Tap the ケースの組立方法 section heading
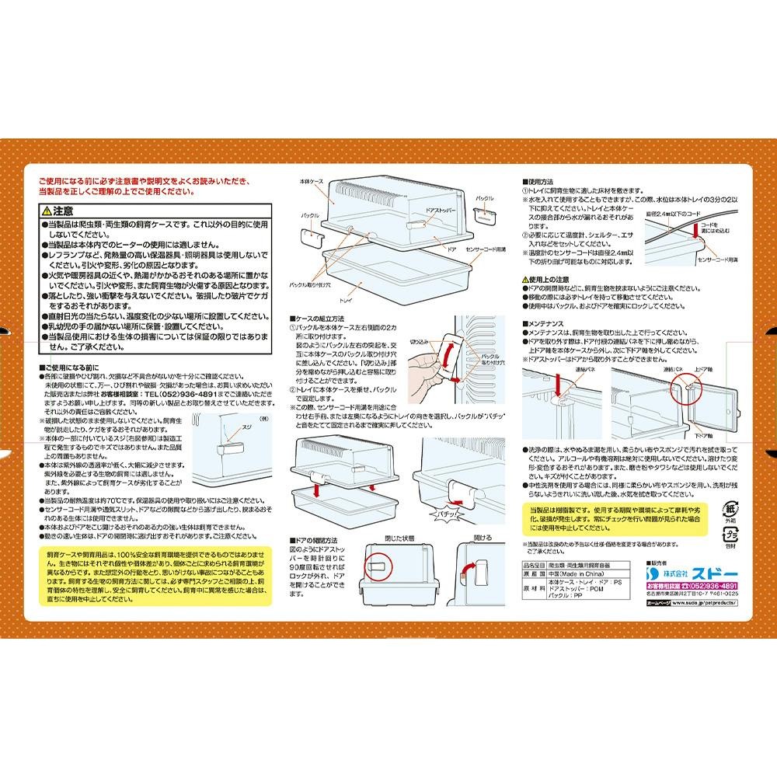319,319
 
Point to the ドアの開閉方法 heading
319,539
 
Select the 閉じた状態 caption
399,538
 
